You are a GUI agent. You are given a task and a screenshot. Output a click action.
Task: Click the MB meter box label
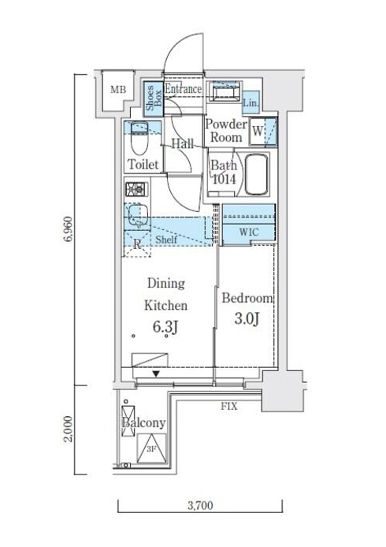(118, 90)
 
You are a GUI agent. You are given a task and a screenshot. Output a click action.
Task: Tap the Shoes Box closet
(154, 99)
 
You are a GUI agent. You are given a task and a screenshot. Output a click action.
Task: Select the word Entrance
(183, 89)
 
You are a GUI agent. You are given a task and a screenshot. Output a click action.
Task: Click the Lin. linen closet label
(251, 103)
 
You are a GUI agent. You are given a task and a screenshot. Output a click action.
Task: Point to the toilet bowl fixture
(139, 138)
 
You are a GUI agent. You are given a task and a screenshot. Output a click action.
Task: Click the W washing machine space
(258, 131)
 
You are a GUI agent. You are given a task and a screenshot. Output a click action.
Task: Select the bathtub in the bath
(256, 174)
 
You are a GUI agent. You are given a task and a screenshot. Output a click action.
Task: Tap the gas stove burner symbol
(136, 189)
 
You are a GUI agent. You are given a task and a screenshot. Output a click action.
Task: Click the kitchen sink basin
(138, 215)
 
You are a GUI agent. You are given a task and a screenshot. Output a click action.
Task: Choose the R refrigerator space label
(137, 244)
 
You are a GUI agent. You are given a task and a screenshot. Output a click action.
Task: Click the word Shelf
(166, 240)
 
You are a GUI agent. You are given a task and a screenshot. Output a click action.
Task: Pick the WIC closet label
(249, 232)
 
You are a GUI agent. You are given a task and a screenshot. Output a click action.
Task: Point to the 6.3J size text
(165, 327)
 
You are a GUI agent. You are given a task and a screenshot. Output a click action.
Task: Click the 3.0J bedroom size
(247, 318)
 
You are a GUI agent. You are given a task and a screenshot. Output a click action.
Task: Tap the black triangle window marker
(156, 374)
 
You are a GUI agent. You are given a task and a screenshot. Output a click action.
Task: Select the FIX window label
(229, 406)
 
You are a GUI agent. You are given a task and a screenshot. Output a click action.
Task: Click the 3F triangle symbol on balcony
(151, 448)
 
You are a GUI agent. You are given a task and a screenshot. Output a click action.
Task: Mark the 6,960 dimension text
(68, 229)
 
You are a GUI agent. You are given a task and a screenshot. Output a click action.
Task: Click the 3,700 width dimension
(200, 505)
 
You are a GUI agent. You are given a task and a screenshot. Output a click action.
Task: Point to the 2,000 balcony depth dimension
(68, 429)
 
